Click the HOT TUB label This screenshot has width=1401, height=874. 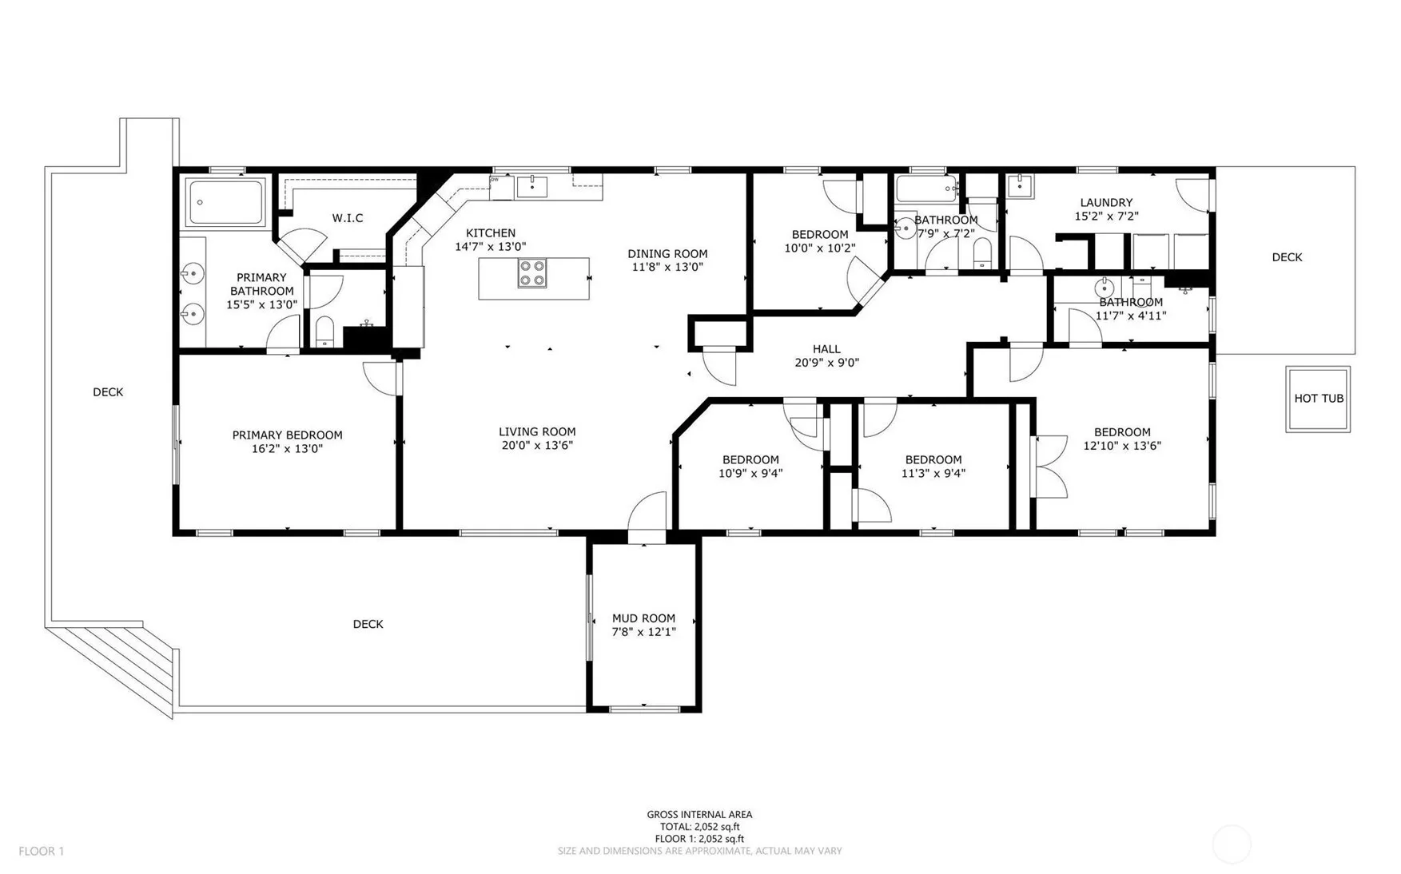pyautogui.click(x=1319, y=399)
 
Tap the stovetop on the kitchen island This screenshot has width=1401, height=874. pyautogui.click(x=532, y=274)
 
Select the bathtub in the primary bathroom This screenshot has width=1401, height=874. pyautogui.click(x=225, y=203)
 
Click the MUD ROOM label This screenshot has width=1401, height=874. pyautogui.click(x=643, y=618)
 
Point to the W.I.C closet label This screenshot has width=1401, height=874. pyautogui.click(x=348, y=218)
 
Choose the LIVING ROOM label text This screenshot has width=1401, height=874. pyautogui.click(x=537, y=432)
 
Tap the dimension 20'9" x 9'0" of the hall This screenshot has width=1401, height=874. pyautogui.click(x=826, y=363)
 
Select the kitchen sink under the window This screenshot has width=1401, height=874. pyautogui.click(x=531, y=187)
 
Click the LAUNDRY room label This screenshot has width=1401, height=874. pyautogui.click(x=1106, y=203)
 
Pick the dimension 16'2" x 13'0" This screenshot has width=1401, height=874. pyautogui.click(x=287, y=449)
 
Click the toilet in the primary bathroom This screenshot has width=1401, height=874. pyautogui.click(x=324, y=332)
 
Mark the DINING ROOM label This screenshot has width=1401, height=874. pyautogui.click(x=667, y=254)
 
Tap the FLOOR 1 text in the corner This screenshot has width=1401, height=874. pyautogui.click(x=41, y=852)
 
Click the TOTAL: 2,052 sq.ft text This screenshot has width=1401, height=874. pyautogui.click(x=699, y=827)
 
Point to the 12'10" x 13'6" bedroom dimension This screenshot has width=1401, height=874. pyautogui.click(x=1122, y=446)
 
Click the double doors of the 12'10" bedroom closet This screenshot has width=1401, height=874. pyautogui.click(x=1051, y=467)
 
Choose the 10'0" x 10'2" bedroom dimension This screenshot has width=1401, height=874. pyautogui.click(x=820, y=248)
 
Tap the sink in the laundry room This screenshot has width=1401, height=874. pyautogui.click(x=1019, y=185)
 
